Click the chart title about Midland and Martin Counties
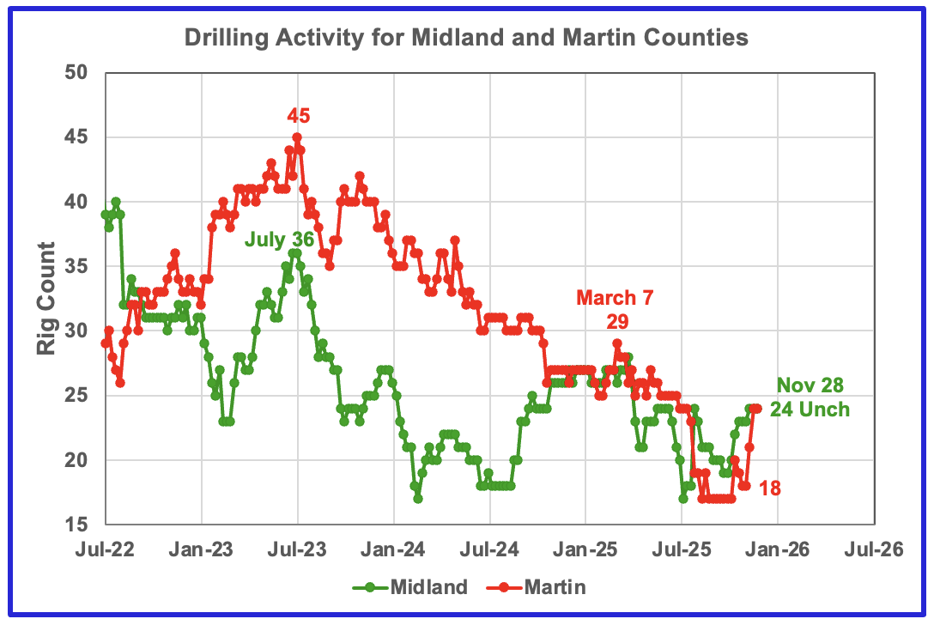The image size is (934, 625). (465, 39)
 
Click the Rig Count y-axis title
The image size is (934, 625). (45, 299)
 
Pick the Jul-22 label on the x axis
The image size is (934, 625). (105, 549)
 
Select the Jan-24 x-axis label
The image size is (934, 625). (393, 549)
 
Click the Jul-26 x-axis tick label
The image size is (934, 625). (874, 549)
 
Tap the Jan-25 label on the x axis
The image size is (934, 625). (585, 549)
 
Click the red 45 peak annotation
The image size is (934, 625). (298, 116)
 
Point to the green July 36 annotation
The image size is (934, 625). (278, 239)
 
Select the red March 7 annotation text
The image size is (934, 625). (615, 299)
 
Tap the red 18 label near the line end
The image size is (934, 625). (770, 488)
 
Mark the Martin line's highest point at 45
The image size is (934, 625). (297, 137)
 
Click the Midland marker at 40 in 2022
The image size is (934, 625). (115, 202)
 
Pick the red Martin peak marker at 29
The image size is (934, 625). (616, 343)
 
